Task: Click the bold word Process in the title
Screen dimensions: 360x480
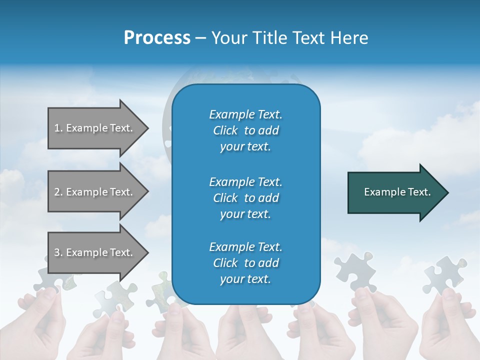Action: pyautogui.click(x=157, y=37)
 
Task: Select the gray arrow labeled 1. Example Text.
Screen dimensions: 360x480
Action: pyautogui.click(x=95, y=128)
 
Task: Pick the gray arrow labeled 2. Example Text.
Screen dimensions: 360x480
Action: pyautogui.click(x=95, y=192)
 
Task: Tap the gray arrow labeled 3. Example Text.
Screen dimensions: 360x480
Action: pyautogui.click(x=95, y=252)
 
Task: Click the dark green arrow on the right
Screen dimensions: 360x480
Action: pyautogui.click(x=395, y=192)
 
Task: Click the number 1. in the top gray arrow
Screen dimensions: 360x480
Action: pyautogui.click(x=58, y=128)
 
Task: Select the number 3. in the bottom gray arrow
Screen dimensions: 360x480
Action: pyautogui.click(x=58, y=252)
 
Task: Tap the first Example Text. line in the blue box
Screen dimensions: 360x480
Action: pyautogui.click(x=245, y=114)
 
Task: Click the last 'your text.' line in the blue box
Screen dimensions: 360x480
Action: pyautogui.click(x=245, y=279)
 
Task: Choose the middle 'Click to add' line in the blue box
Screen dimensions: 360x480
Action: pyautogui.click(x=245, y=198)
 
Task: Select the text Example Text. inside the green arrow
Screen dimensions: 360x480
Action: pyautogui.click(x=397, y=192)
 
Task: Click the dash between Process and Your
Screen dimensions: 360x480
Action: pyautogui.click(x=200, y=38)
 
